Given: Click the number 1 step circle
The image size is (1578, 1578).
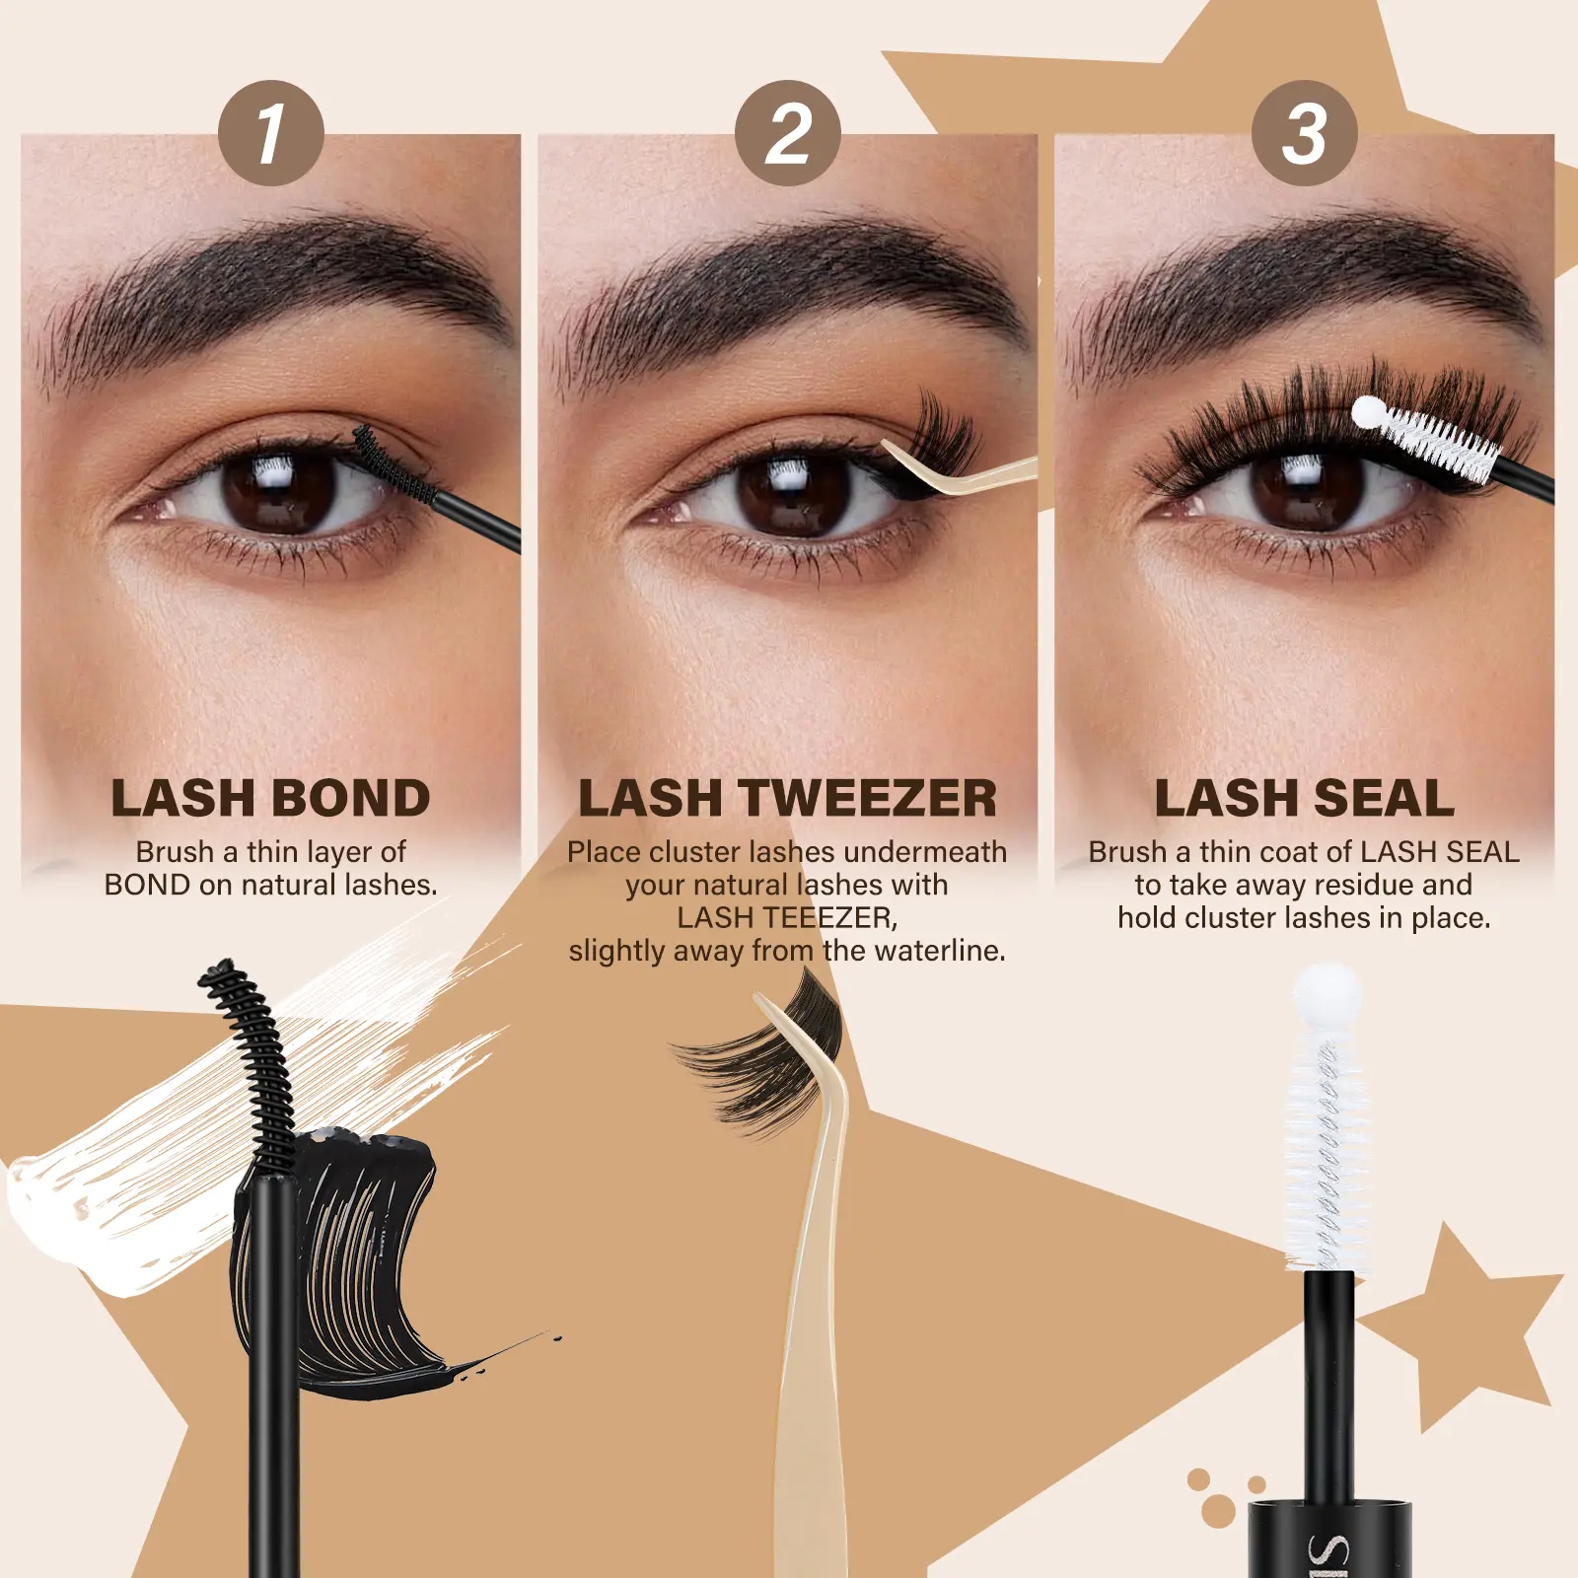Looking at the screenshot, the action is (x=271, y=133).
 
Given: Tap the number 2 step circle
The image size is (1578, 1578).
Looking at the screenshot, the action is (x=788, y=133).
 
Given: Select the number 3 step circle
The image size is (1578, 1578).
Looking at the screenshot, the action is (x=1305, y=133).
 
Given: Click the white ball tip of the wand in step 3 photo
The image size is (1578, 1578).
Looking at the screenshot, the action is (x=1368, y=412).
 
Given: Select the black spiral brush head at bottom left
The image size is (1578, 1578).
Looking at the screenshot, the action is (x=251, y=1065).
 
